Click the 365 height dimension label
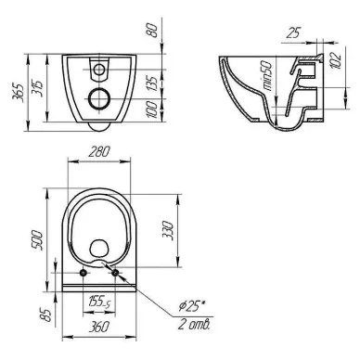pyautogui.click(x=18, y=93)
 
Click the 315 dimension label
pyautogui.click(x=37, y=88)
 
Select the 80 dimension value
pyautogui.click(x=153, y=31)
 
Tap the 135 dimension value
pyautogui.click(x=152, y=83)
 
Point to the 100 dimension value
pyautogui.click(x=152, y=109)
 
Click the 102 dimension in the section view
pyautogui.click(x=336, y=60)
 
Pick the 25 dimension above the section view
pyautogui.click(x=293, y=32)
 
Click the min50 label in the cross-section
pyautogui.click(x=268, y=76)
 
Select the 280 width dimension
pyautogui.click(x=99, y=152)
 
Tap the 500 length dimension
pyautogui.click(x=38, y=240)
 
